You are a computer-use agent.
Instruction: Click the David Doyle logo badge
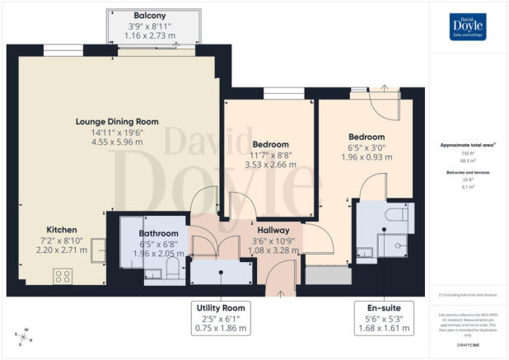pyautogui.click(x=468, y=26)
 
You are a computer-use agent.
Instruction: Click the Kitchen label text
pyautogui.click(x=62, y=229)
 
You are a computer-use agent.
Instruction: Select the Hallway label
pyautogui.click(x=271, y=231)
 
